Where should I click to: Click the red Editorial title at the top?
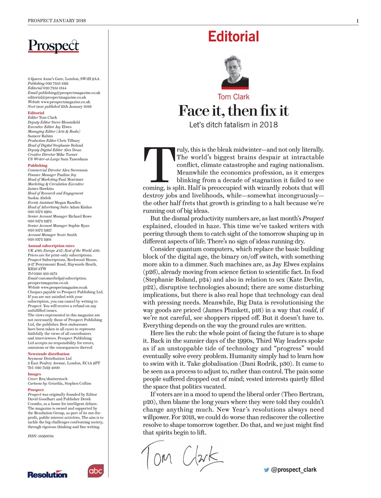pyautogui.click(x=233, y=37)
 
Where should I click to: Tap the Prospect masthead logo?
pyautogui.click(x=53, y=46)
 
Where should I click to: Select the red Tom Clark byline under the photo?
pyautogui.click(x=233, y=97)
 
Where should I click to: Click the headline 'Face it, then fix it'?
pyautogui.click(x=233, y=111)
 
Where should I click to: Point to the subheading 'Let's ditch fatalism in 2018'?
pyautogui.click(x=233, y=125)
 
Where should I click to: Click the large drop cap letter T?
pyautogui.click(x=159, y=165)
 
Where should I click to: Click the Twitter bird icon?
pyautogui.click(x=267, y=470)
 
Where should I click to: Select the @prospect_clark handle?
pyautogui.click(x=294, y=470)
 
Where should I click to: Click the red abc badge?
pyautogui.click(x=95, y=471)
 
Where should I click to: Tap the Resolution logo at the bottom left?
pyautogui.click(x=47, y=474)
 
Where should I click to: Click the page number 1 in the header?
pyautogui.click(x=357, y=21)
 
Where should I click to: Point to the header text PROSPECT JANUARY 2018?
pyautogui.click(x=57, y=21)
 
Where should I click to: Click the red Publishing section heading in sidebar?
pyautogui.click(x=37, y=165)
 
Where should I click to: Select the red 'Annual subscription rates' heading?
pyautogui.click(x=51, y=246)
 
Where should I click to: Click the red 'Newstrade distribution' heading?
pyautogui.click(x=48, y=354)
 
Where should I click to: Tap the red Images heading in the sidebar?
pyautogui.click(x=34, y=374)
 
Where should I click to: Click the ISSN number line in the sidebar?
pyautogui.click(x=41, y=436)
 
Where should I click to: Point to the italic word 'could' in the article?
pyautogui.click(x=310, y=310)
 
